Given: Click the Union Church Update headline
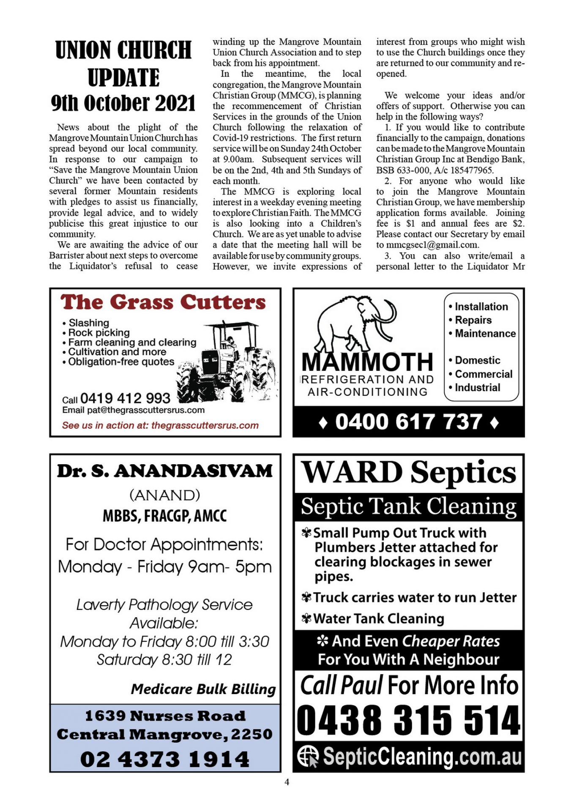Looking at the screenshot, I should click(x=123, y=63).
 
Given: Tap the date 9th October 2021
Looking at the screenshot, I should click(x=123, y=103).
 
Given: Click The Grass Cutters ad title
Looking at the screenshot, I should click(x=163, y=302).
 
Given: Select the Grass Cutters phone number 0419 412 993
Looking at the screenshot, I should click(x=125, y=398).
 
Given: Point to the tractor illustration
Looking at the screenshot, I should click(x=228, y=361).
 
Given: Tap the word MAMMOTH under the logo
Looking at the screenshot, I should click(x=367, y=362).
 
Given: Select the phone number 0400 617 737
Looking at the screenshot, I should click(x=408, y=422).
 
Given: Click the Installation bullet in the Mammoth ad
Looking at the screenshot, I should click(x=481, y=307).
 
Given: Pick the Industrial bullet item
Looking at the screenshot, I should click(x=477, y=387).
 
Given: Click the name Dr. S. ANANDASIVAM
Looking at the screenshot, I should click(x=165, y=471).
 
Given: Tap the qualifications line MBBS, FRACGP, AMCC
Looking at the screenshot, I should click(x=165, y=516).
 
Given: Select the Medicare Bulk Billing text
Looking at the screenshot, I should click(x=203, y=689).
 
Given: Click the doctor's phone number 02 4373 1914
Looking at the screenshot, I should click(x=165, y=759).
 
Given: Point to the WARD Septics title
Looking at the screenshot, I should click(x=408, y=472).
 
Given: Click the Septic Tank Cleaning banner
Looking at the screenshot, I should click(x=408, y=506).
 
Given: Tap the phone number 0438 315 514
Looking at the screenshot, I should click(x=408, y=720).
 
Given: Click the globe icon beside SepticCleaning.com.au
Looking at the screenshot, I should click(x=307, y=756).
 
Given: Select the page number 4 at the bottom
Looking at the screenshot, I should click(x=287, y=782).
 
